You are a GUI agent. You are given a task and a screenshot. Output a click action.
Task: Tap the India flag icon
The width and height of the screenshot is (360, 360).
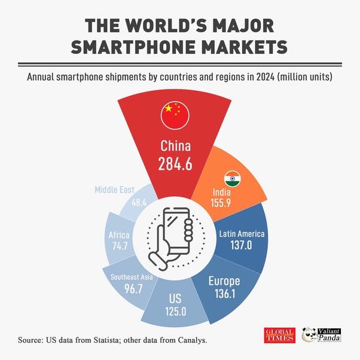tap(232, 179)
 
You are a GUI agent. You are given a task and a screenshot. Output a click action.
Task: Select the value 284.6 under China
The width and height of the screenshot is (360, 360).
tap(175, 164)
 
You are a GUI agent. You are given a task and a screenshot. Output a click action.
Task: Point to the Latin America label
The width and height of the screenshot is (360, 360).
tap(242, 233)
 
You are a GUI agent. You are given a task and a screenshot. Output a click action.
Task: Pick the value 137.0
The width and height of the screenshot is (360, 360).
tap(242, 246)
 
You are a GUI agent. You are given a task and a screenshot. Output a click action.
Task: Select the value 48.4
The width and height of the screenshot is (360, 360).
tap(139, 202)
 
